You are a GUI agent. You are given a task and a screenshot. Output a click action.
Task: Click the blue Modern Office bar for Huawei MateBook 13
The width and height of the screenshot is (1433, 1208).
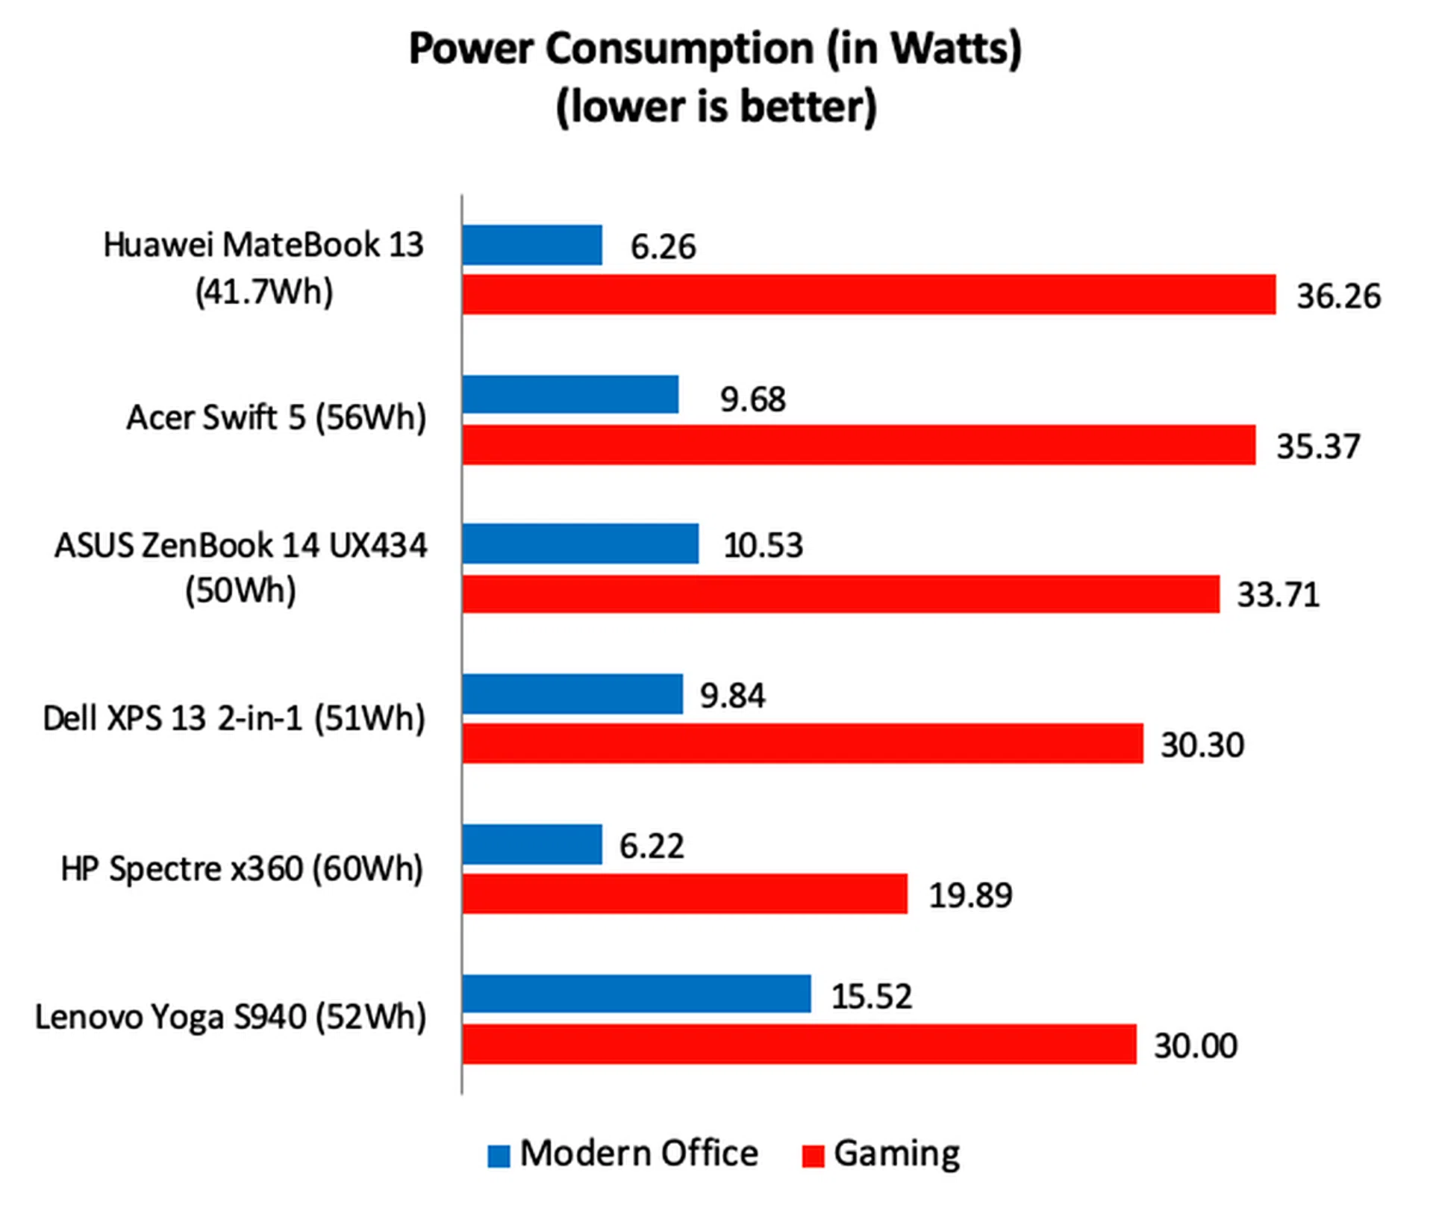coord(531,245)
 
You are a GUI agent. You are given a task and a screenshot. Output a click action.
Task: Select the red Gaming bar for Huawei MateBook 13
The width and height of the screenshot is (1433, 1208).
coord(868,294)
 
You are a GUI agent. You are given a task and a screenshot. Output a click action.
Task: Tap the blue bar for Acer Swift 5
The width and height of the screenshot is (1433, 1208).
coord(570,394)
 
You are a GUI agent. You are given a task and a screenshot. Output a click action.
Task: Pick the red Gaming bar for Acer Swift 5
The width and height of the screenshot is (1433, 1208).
coord(858,445)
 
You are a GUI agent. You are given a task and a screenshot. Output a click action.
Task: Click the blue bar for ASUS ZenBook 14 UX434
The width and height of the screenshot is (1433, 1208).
coord(580,544)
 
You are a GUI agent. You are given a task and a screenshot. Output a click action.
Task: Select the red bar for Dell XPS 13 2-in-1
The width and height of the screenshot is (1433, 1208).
coord(802,744)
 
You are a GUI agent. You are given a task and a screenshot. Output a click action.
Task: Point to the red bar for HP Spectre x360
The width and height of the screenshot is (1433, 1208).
coord(684,894)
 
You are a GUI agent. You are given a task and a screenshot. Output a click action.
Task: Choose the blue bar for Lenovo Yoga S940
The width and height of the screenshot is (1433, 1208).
coord(636,994)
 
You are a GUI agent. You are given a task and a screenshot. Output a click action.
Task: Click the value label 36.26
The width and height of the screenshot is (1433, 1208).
coord(1338,296)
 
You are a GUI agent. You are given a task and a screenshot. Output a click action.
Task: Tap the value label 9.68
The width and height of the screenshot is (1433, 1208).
coord(752,399)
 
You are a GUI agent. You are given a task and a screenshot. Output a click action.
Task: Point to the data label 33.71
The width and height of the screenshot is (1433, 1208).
coord(1278,595)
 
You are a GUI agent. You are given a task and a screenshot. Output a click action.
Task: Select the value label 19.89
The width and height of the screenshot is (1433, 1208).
coord(970,895)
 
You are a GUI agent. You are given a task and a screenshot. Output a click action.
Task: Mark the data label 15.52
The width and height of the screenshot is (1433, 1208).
coord(871,997)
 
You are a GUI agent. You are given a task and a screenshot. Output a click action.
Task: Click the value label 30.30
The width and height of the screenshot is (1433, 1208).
coord(1202,745)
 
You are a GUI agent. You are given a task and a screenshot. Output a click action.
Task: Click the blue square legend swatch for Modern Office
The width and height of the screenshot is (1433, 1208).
coord(499,1156)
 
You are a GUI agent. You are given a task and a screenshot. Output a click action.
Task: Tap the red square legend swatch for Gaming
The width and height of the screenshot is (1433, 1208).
coord(813,1156)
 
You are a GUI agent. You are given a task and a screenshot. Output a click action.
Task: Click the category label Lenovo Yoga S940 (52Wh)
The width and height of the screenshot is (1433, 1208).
coord(231,1018)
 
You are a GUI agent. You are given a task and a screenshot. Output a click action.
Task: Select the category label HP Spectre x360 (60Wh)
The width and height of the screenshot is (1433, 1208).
coord(242,869)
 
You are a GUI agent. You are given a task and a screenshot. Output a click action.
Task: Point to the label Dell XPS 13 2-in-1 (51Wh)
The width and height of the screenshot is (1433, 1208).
coord(234,719)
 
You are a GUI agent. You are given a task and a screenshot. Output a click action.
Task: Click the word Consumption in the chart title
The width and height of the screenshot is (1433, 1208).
coord(679,49)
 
